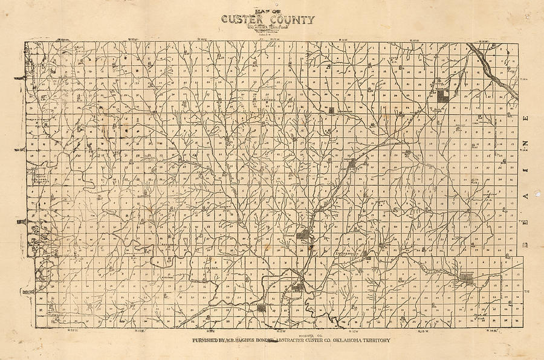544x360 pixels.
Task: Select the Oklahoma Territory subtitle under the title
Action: (x=271, y=28)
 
